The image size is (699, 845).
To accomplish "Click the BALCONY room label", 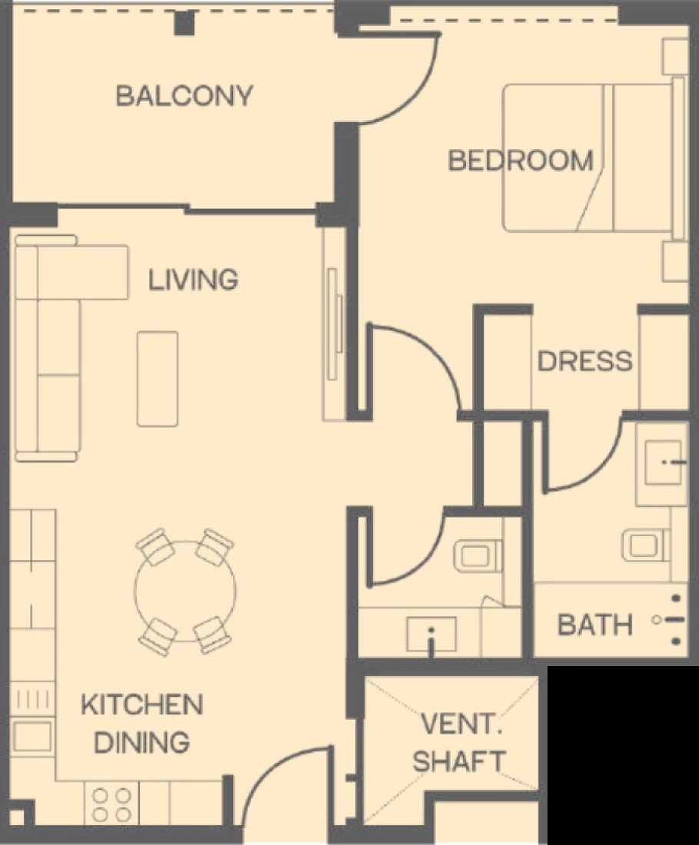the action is pos(185,96).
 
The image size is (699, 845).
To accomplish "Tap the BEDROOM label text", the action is pos(521,161).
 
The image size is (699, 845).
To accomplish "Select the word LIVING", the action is pos(193,280).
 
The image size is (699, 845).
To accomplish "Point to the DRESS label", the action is pos(585,361).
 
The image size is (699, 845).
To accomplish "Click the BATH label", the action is pos(595,625).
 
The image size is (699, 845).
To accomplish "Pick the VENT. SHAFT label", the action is pos(459,743).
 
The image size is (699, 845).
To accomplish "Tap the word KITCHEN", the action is pos(141,705).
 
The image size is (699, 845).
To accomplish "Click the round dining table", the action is pos(185,591).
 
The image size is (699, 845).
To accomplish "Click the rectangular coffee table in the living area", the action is pos(158,379).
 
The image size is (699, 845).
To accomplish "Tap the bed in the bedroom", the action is pos(594,158).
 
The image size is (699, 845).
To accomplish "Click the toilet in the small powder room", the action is pos(478,556).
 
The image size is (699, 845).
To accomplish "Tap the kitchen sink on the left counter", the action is pos(32,737).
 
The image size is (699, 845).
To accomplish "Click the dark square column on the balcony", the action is pos(184,23).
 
